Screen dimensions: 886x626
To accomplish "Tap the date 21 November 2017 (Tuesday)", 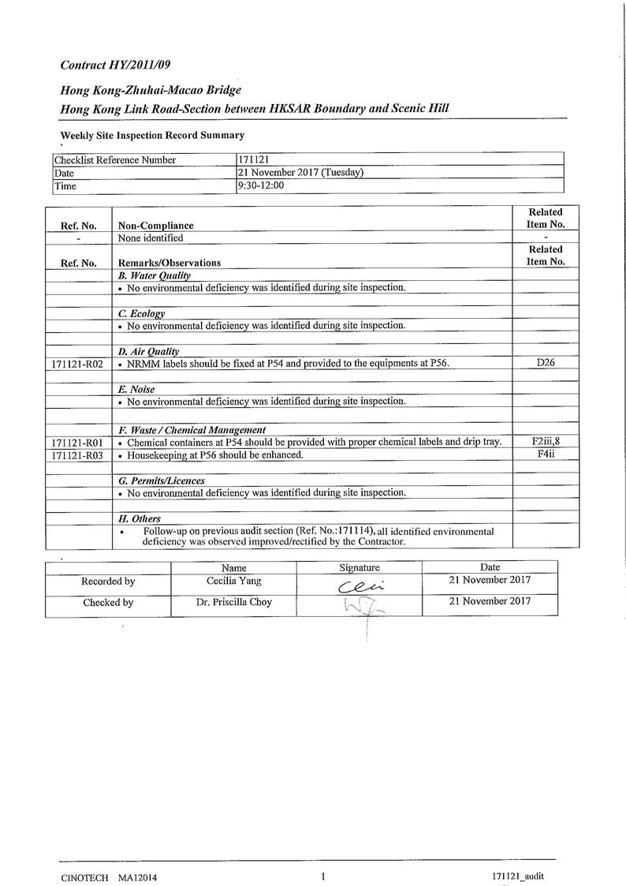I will (300, 173).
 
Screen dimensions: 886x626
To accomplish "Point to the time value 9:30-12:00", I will (261, 185).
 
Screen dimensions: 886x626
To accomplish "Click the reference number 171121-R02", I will (76, 364).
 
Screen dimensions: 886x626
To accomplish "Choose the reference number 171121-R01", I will (76, 443).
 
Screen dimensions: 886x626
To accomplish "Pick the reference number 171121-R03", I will (76, 455).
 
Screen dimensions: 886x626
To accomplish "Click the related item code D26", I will (546, 363).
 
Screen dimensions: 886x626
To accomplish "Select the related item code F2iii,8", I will (546, 442).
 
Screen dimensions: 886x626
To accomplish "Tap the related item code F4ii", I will (546, 454).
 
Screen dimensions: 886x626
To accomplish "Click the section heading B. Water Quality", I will (155, 275).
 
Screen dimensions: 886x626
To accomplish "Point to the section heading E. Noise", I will (136, 389).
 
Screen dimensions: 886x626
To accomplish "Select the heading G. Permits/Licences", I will (162, 480).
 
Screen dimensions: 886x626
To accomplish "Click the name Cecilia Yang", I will (233, 581).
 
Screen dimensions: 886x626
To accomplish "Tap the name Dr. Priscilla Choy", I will (233, 602).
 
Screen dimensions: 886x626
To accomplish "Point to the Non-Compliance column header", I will (155, 226).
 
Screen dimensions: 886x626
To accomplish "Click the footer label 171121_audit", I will (517, 877).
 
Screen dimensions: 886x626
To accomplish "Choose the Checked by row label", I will (108, 602).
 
